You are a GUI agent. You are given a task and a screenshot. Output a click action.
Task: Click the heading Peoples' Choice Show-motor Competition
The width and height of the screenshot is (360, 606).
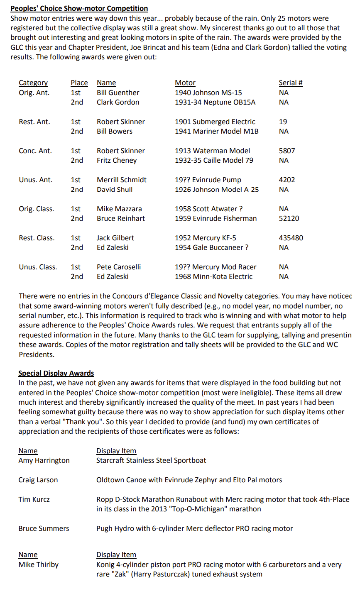tap(79, 8)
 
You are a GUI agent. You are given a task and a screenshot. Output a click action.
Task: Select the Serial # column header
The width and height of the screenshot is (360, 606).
tap(290, 83)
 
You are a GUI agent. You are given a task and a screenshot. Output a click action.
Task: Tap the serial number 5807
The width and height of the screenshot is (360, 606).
tap(287, 151)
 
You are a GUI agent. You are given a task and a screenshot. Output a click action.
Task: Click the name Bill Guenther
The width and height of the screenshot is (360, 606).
tap(118, 93)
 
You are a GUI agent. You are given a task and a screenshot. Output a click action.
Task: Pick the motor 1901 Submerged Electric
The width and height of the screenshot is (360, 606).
tap(215, 122)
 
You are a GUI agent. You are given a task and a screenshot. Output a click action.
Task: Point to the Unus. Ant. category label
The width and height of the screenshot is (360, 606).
tap(35, 180)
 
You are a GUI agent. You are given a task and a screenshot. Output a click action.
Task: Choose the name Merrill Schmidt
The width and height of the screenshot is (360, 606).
tap(121, 180)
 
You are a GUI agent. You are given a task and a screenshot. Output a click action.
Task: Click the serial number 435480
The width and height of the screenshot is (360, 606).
tap(291, 238)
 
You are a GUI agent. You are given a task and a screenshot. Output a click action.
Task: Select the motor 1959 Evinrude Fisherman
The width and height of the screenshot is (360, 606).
tap(216, 218)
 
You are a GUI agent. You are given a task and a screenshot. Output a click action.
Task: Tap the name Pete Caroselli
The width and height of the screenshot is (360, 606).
tap(119, 267)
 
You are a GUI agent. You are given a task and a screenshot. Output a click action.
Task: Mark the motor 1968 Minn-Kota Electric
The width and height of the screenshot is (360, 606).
tap(213, 276)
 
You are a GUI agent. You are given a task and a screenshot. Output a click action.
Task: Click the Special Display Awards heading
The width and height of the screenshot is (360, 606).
tap(56, 373)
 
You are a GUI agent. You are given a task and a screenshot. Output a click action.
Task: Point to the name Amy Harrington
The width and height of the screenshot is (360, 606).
tap(44, 460)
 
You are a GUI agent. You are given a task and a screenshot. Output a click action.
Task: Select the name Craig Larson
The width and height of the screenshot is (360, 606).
tap(38, 480)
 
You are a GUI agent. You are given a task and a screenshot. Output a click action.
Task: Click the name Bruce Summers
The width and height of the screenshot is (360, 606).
tap(44, 528)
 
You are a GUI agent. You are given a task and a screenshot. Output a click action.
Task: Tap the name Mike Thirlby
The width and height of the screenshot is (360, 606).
tap(38, 564)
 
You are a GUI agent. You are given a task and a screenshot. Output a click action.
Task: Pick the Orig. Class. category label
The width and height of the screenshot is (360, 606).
tap(36, 209)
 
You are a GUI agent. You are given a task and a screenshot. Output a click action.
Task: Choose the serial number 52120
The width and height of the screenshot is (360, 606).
tap(289, 218)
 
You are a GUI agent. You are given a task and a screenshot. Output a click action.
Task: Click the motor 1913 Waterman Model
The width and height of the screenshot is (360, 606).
tap(212, 151)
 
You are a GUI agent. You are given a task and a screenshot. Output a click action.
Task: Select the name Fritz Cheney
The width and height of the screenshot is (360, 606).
tap(117, 160)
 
